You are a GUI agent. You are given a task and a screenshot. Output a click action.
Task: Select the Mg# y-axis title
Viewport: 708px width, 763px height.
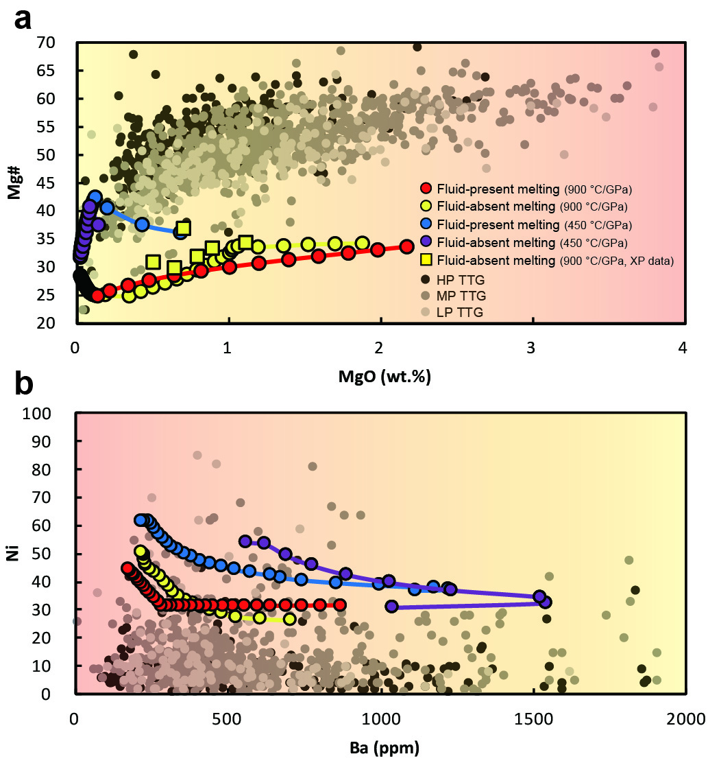coord(15,183)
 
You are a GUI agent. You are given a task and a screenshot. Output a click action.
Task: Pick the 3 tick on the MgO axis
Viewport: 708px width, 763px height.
coord(530,348)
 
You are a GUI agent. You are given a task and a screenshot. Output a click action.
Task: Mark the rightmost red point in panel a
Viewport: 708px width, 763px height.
coord(407,247)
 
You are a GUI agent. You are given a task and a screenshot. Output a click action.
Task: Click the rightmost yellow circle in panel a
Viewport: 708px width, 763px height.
coord(362,244)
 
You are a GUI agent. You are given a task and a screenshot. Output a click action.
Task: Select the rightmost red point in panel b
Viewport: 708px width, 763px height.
coord(339,604)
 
